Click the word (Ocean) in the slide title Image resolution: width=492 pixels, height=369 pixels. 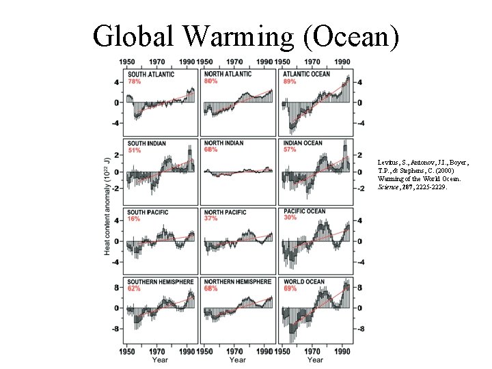click(x=355, y=36)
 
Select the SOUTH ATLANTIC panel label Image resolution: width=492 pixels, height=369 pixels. click(x=151, y=74)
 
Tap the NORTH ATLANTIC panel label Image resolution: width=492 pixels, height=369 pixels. click(x=228, y=74)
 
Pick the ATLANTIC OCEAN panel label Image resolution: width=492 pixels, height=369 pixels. click(x=307, y=74)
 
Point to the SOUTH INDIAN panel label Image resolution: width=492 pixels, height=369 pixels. click(x=147, y=143)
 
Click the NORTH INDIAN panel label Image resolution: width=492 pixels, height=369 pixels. click(x=224, y=143)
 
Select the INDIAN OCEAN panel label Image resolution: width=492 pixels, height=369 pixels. click(x=303, y=143)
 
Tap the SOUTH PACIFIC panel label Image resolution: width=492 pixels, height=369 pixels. click(x=148, y=213)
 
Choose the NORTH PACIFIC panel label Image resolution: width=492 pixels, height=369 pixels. click(x=225, y=213)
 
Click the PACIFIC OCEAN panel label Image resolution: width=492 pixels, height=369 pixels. click(x=304, y=212)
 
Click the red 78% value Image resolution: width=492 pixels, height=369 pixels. click(x=135, y=81)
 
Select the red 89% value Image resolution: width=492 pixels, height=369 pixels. click(x=290, y=81)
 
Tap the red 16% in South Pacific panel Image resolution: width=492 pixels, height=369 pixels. click(x=134, y=219)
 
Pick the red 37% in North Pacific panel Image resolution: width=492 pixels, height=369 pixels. click(x=211, y=219)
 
